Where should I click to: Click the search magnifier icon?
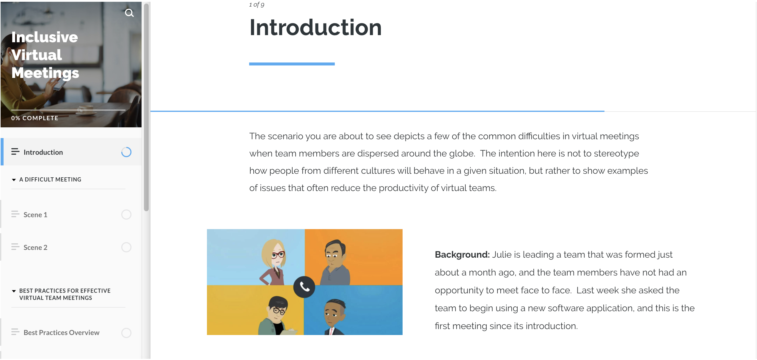tap(129, 13)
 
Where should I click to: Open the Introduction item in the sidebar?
tap(43, 152)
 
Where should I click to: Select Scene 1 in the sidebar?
tap(35, 215)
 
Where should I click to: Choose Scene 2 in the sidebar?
tap(35, 248)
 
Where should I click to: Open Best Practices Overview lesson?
tap(62, 333)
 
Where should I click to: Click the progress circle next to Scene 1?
tap(126, 210)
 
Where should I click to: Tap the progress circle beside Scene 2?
tap(126, 243)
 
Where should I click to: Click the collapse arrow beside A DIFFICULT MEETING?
tap(14, 180)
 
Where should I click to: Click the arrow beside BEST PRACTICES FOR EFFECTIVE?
tap(14, 291)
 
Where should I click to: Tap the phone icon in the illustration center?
tap(304, 287)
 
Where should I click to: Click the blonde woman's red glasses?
tap(278, 255)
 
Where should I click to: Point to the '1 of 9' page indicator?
tap(257, 4)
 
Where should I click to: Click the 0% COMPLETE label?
tap(35, 118)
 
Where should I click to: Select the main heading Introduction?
tap(315, 27)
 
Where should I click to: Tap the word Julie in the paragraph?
tap(502, 255)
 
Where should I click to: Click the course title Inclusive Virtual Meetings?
tap(45, 55)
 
